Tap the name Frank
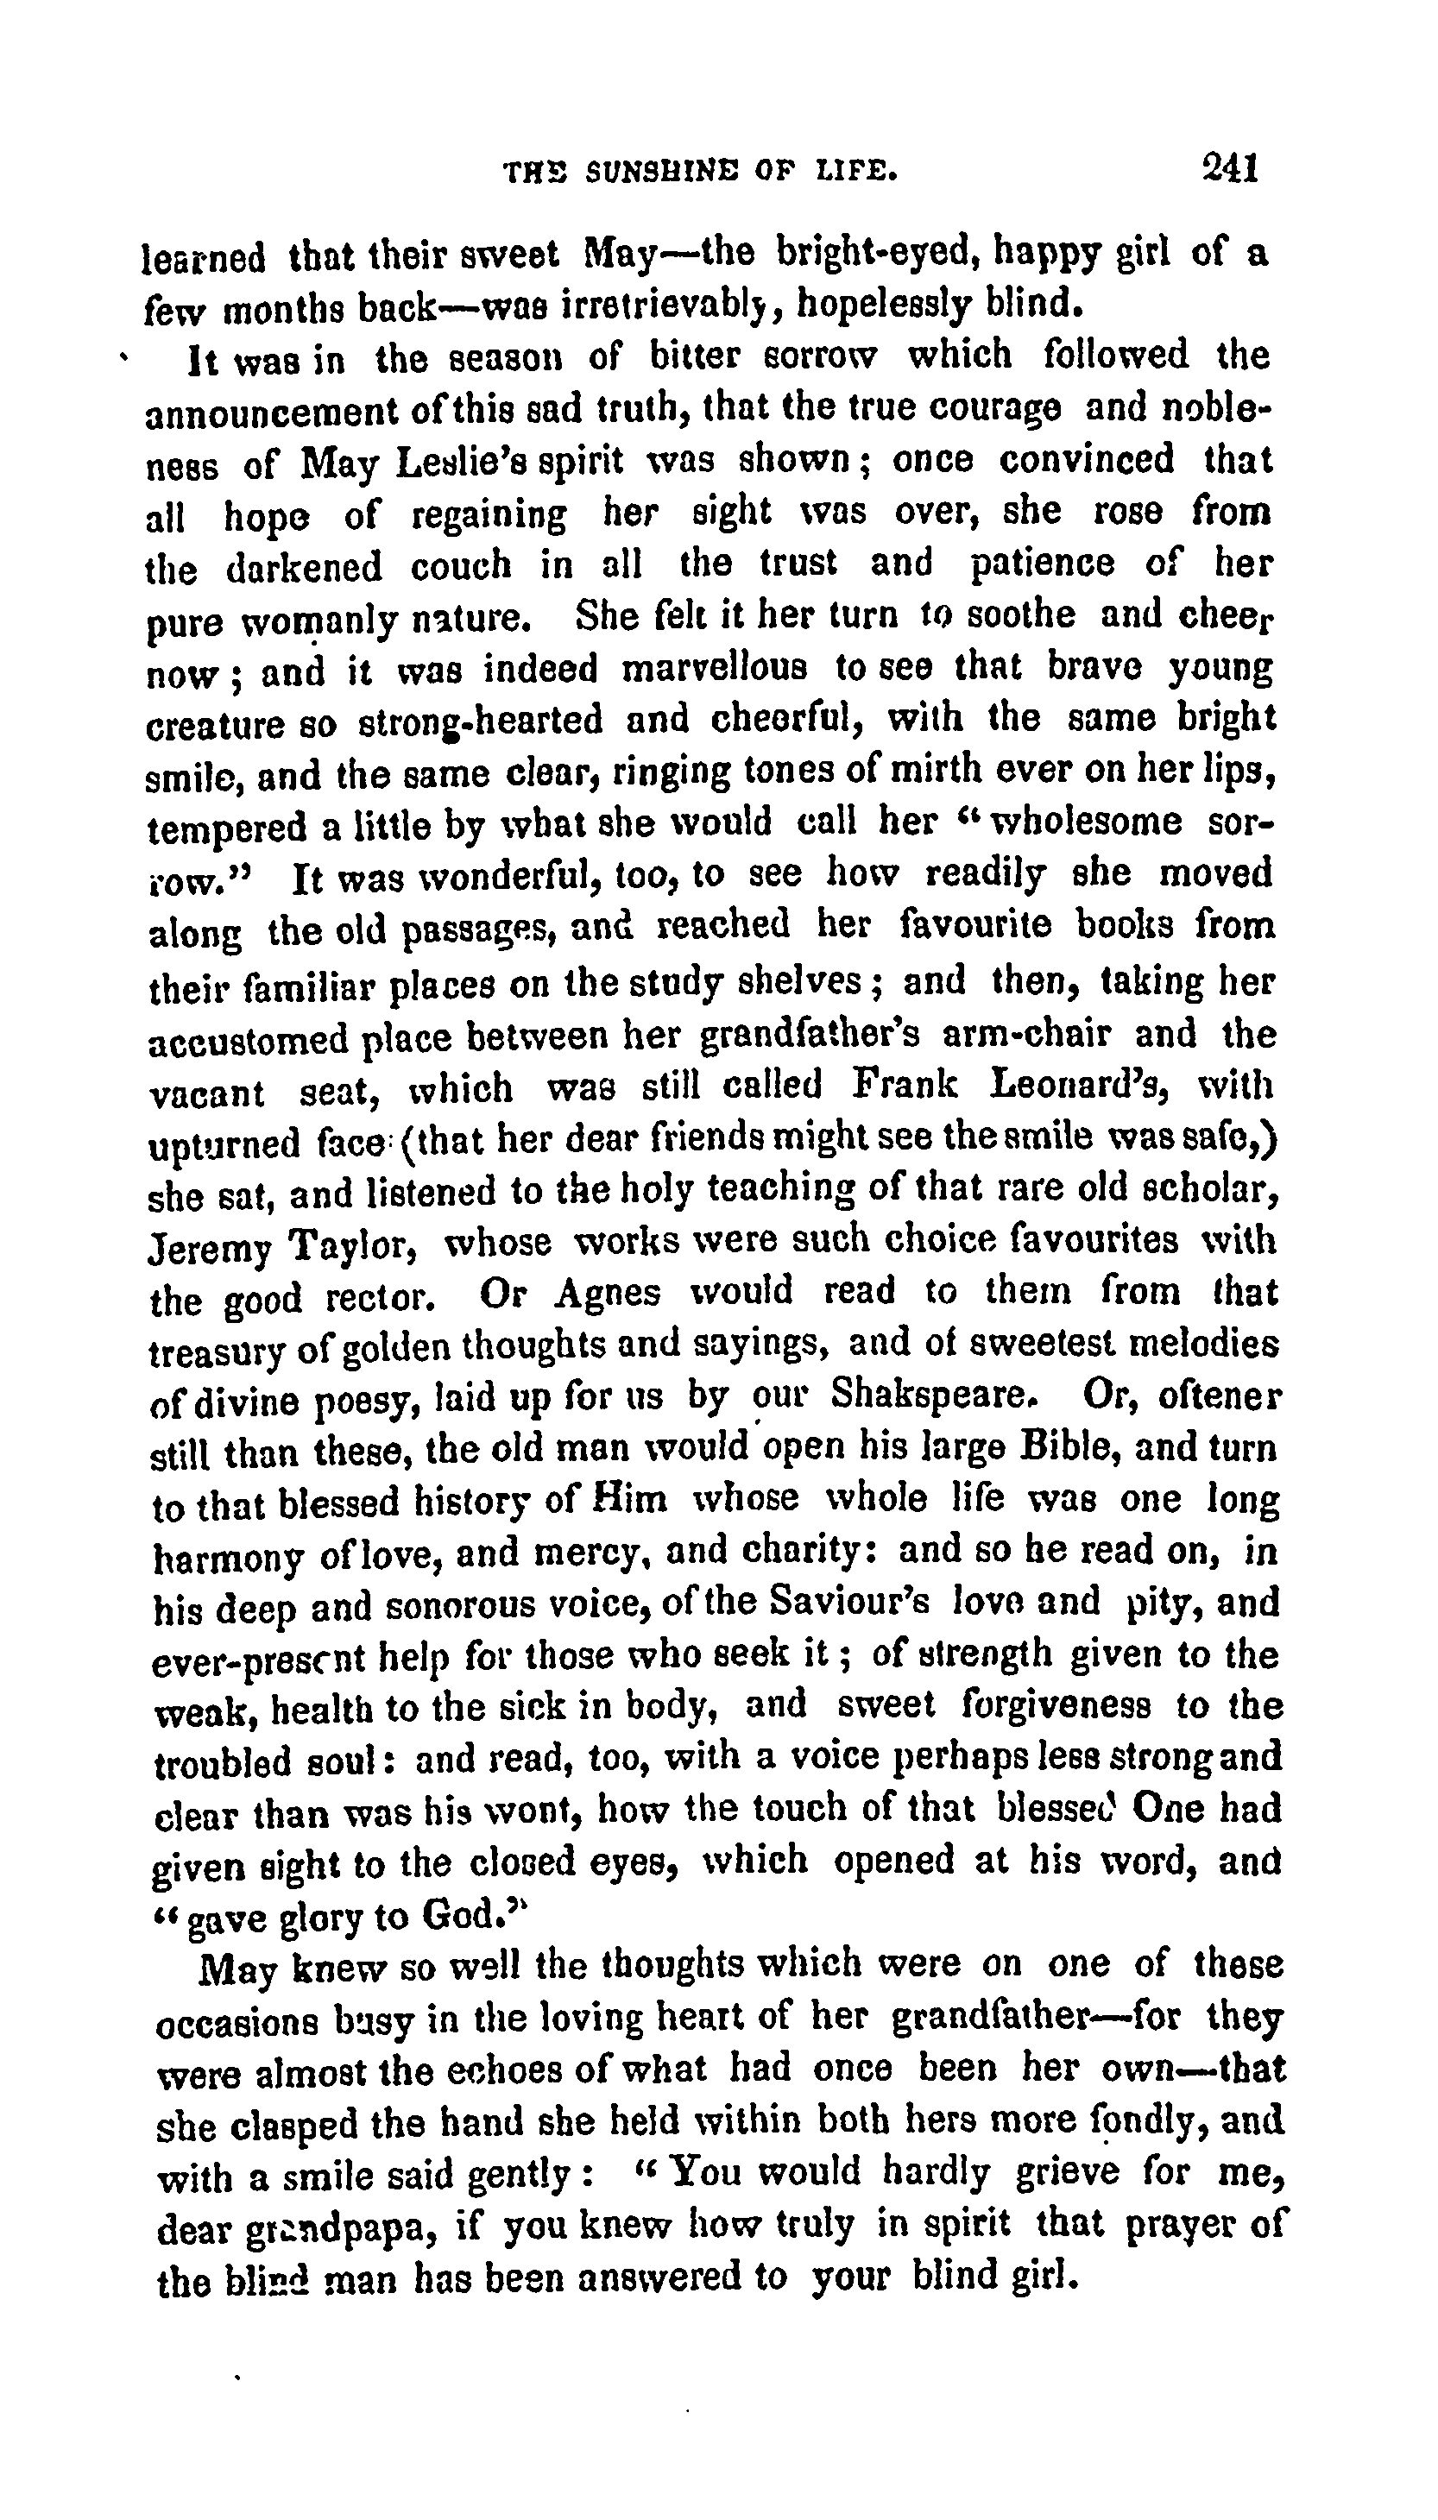[x=905, y=1087]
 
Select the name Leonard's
[x=1081, y=1087]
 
